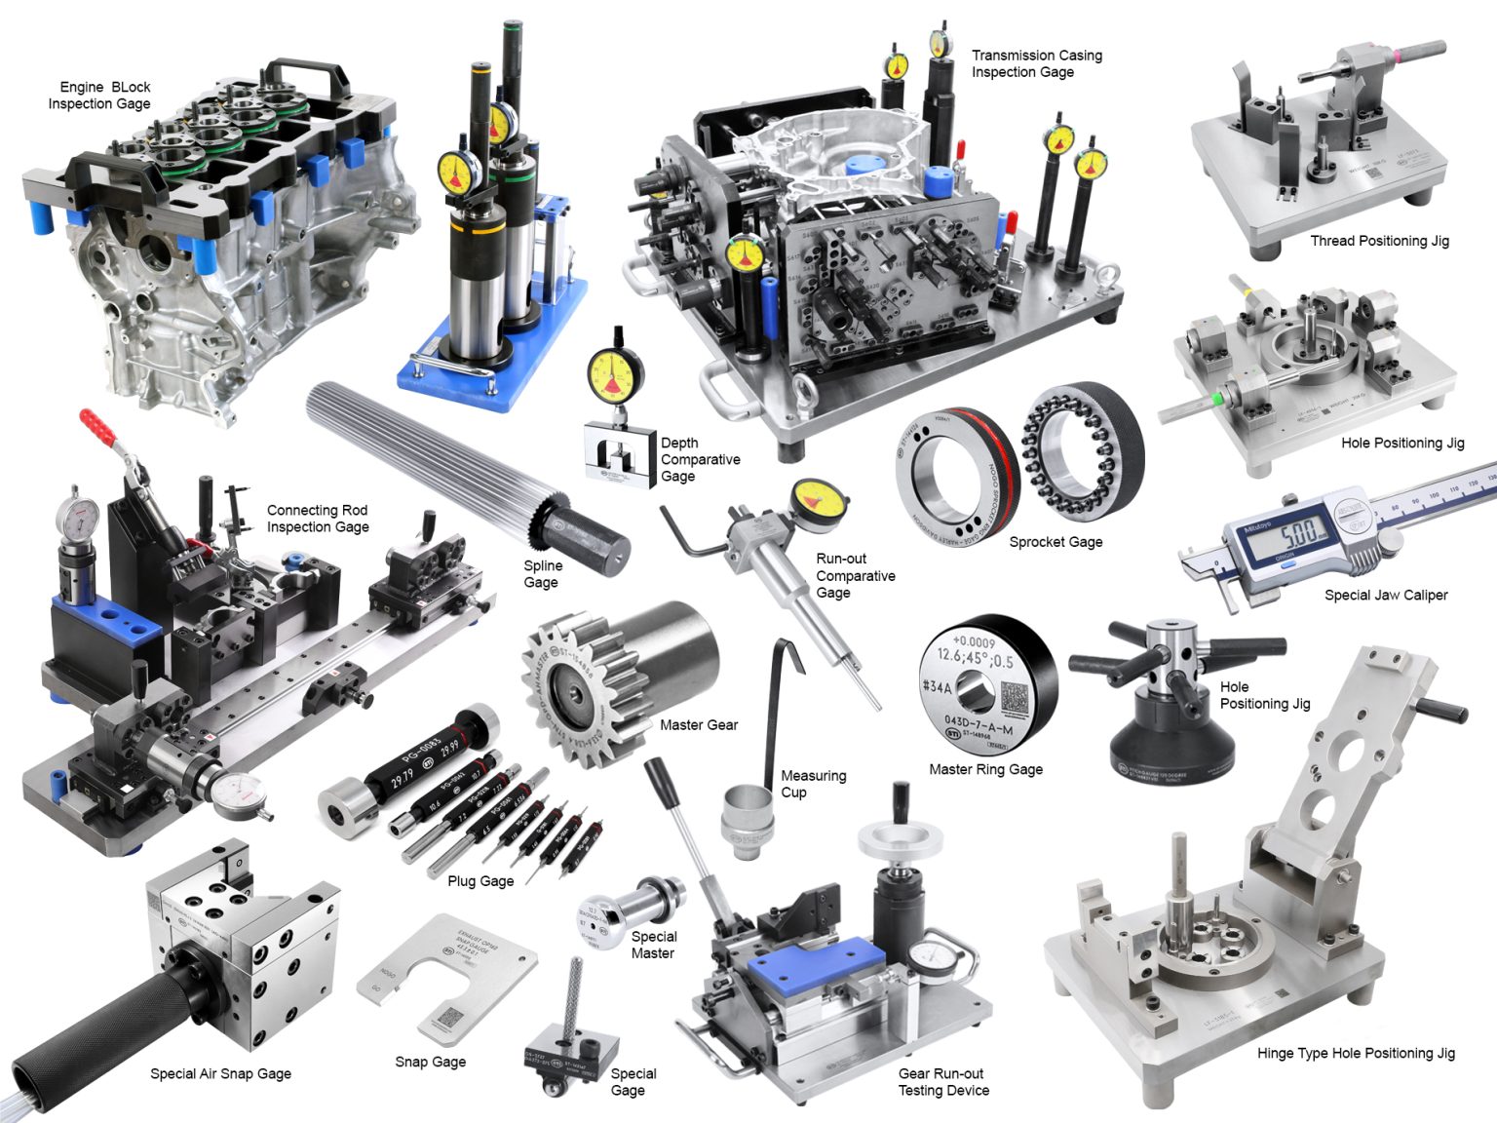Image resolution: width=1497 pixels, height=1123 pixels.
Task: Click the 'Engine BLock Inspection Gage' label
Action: pyautogui.click(x=99, y=96)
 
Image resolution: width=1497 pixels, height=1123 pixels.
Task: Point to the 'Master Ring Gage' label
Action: pyautogui.click(x=985, y=769)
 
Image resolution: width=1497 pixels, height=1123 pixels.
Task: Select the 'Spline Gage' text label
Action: pyautogui.click(x=542, y=574)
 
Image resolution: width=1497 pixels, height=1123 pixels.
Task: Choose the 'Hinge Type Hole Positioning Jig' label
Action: pyautogui.click(x=1355, y=1053)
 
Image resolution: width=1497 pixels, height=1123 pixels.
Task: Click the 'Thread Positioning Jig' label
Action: pyautogui.click(x=1379, y=241)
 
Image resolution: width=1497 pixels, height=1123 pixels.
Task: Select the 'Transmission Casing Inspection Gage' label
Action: pyautogui.click(x=1036, y=63)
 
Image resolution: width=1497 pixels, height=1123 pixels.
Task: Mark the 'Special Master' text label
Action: pyautogui.click(x=653, y=945)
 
